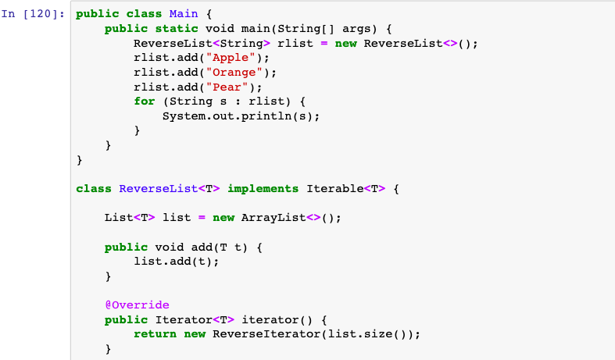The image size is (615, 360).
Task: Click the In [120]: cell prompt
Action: pyautogui.click(x=33, y=14)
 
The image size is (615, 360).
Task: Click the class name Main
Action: pyautogui.click(x=184, y=14)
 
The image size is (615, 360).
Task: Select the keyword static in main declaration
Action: pyautogui.click(x=177, y=29)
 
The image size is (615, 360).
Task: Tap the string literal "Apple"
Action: pyautogui.click(x=231, y=58)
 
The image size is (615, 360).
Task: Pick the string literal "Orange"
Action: pyautogui.click(x=234, y=73)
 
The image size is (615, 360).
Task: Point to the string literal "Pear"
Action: pyautogui.click(x=227, y=87)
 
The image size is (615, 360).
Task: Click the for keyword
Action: pyautogui.click(x=145, y=102)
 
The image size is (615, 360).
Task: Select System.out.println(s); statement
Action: pyautogui.click(x=241, y=116)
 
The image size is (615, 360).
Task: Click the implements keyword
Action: pyautogui.click(x=263, y=189)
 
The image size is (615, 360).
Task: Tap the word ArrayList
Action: pyautogui.click(x=274, y=218)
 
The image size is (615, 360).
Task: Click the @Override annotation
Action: pyautogui.click(x=138, y=305)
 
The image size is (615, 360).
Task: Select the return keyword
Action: pyautogui.click(x=155, y=334)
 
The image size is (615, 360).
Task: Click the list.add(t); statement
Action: pyautogui.click(x=177, y=261)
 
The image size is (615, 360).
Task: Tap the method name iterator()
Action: pyautogui.click(x=277, y=319)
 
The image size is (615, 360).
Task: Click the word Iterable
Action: pyautogui.click(x=335, y=189)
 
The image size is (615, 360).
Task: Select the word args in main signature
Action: pyautogui.click(x=356, y=29)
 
